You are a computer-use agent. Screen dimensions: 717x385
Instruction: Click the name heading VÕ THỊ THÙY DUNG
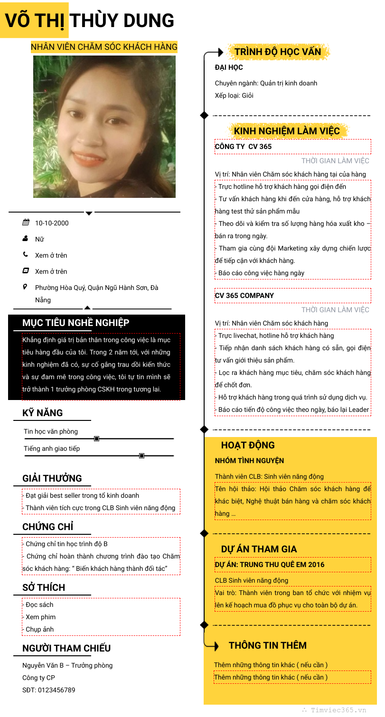pos(90,20)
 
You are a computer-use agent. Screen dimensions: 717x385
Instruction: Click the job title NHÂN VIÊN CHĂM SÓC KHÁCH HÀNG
pos(104,47)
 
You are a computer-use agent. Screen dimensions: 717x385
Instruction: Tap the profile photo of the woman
pos(104,127)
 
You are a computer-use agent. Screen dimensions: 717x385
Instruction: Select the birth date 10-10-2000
pos(52,223)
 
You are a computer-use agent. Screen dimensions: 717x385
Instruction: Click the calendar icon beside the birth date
pos(26,223)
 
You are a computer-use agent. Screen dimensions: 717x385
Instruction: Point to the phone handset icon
pos(26,254)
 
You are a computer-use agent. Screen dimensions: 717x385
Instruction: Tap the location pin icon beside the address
pos(26,287)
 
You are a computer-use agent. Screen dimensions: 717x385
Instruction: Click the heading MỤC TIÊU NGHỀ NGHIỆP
pos(76,323)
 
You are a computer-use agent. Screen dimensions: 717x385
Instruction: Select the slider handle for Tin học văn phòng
pos(96,438)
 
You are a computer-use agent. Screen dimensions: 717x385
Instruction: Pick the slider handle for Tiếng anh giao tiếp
pos(141,456)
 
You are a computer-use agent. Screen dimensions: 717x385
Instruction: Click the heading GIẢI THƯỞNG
pos(52,478)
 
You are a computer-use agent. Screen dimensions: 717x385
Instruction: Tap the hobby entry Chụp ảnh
pos(40,629)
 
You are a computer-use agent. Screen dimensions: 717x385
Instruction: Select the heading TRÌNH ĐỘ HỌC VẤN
pos(278,52)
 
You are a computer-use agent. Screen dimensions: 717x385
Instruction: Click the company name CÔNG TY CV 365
pos(244,147)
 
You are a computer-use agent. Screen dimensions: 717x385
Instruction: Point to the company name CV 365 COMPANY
pos(244,296)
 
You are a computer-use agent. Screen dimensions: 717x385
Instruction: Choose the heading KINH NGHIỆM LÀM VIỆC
pos(287,131)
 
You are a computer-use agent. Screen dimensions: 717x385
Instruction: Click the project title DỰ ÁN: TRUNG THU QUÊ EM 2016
pos(270,565)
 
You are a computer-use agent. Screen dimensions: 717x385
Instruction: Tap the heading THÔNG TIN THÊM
pos(268,645)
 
